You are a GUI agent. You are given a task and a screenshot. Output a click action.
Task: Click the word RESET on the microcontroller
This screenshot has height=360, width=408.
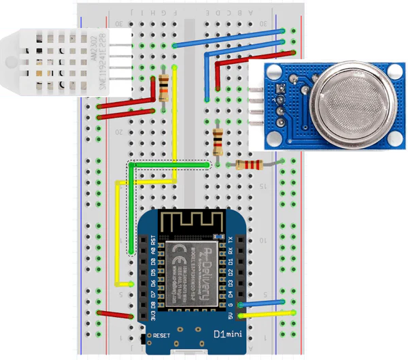[x=162, y=336]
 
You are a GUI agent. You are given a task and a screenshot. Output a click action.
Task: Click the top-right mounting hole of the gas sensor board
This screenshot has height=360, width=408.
[x=393, y=69]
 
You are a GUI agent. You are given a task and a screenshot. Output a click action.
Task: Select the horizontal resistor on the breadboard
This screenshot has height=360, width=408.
[x=248, y=165]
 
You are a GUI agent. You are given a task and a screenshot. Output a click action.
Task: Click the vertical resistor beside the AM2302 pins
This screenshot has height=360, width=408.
[x=164, y=88]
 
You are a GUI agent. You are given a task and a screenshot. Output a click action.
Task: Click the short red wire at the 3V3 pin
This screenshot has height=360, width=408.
[x=115, y=314]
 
